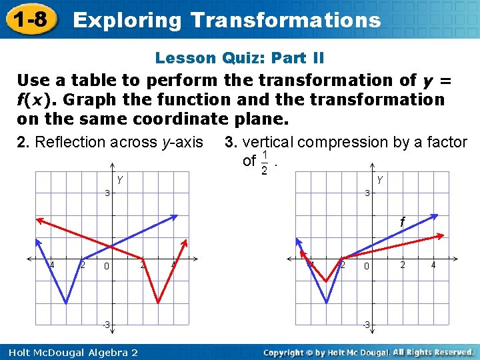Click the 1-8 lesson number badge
29,19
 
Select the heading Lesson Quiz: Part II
239,58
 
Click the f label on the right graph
402,221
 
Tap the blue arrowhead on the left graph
175,216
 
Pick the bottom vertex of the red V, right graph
326,281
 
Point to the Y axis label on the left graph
119,179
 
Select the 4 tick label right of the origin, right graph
433,265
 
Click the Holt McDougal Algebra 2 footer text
69,352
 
